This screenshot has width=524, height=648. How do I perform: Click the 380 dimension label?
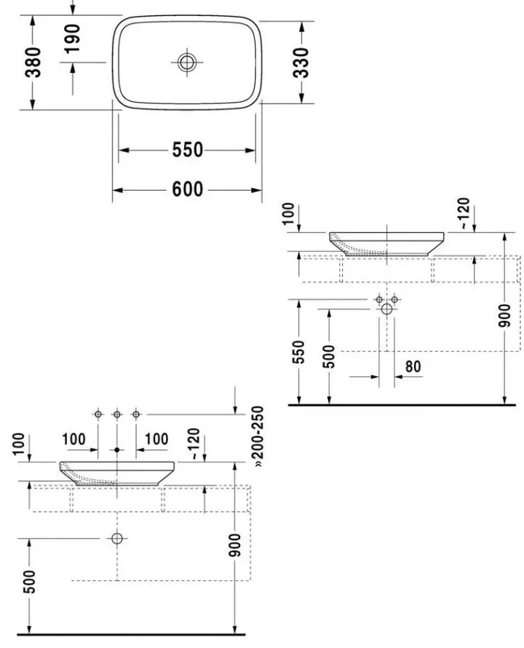33,63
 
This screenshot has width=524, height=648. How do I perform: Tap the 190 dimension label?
73,39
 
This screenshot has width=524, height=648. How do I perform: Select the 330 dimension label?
301,63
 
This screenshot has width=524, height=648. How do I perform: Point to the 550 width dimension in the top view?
188,149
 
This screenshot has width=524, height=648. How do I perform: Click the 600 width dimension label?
188,189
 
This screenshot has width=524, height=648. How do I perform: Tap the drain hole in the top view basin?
187,63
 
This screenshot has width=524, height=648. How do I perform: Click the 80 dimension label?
413,366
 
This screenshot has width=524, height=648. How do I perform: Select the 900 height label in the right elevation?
504,315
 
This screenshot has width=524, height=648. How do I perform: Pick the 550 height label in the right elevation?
298,352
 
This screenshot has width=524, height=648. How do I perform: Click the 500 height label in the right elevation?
329,356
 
